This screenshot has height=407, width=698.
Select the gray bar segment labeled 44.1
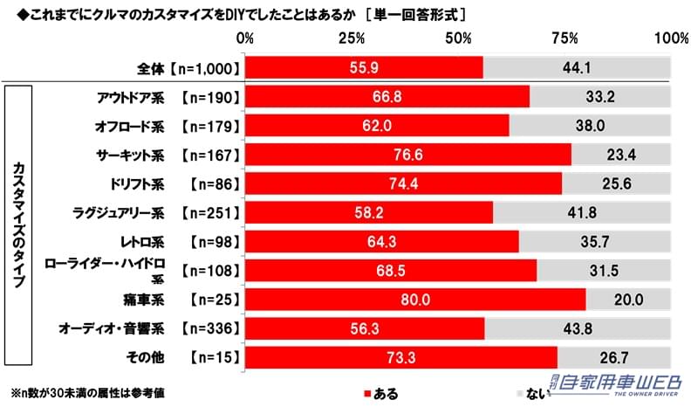(577, 66)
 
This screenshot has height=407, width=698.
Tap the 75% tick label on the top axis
(565, 38)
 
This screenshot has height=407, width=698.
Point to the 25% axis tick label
(352, 38)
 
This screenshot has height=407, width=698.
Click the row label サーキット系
(131, 155)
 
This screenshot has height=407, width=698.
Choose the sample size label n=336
(209, 328)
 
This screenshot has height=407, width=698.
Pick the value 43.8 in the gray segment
(577, 328)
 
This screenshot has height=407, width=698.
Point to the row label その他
(147, 357)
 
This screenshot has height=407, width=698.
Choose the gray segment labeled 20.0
(628, 299)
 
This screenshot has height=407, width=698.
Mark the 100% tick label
(671, 38)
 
